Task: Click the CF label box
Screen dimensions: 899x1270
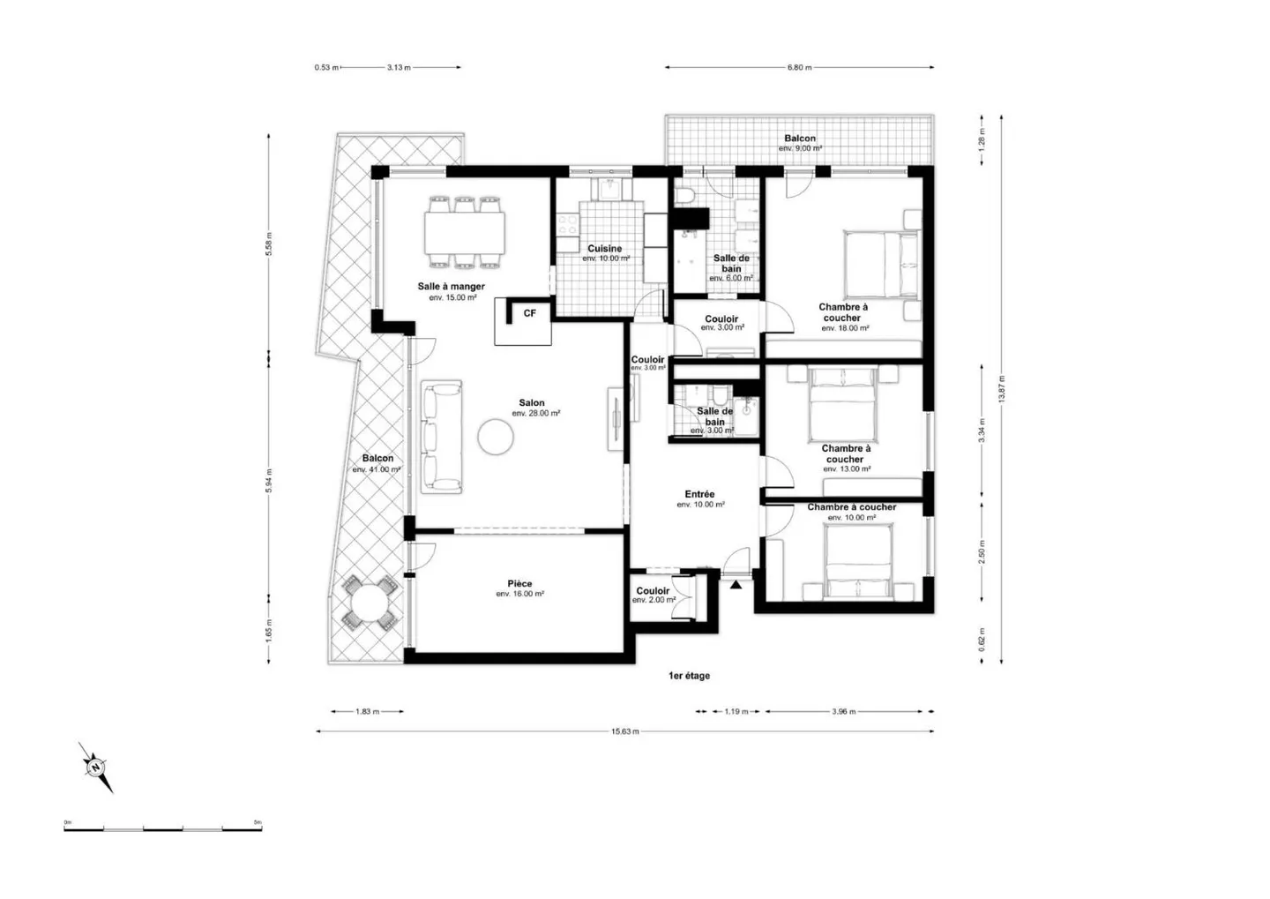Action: [x=529, y=313]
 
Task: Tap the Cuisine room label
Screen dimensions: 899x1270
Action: [x=605, y=249]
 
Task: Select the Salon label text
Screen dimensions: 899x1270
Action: [x=532, y=403]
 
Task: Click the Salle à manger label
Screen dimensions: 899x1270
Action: [x=451, y=287]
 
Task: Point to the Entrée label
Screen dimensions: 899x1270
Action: [x=699, y=495]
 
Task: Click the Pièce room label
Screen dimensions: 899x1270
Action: [x=519, y=584]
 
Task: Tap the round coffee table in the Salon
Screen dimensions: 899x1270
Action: [x=496, y=437]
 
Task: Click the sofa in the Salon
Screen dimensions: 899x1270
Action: [x=441, y=436]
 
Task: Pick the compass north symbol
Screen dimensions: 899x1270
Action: [x=95, y=767]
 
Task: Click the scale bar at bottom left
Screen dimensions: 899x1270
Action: [x=162, y=828]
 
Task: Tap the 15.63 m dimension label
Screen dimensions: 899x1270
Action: [x=624, y=731]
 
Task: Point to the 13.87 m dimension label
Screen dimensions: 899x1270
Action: [x=1001, y=389]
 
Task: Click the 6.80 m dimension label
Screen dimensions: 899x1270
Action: [x=799, y=67]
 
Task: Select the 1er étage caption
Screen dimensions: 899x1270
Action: [x=689, y=676]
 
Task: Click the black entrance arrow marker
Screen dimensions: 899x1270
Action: [x=736, y=583]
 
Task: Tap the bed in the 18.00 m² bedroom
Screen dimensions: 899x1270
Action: [x=881, y=264]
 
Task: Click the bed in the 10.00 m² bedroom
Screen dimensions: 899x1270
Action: [x=859, y=560]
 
